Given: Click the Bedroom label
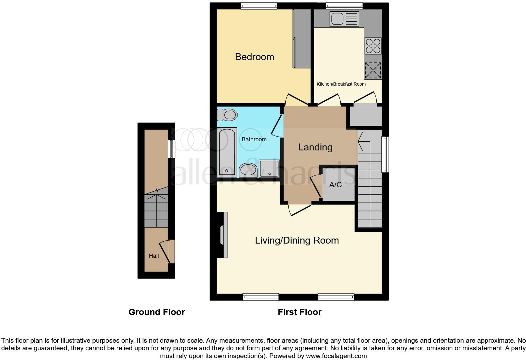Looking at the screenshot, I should click(x=254, y=57).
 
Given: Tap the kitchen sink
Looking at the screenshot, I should click(x=344, y=19).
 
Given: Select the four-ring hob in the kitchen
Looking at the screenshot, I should click(x=373, y=46).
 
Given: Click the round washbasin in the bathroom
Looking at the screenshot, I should click(x=248, y=170).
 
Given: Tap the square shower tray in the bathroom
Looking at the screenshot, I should click(x=269, y=168).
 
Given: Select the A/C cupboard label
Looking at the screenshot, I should click(x=335, y=185).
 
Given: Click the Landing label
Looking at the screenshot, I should click(x=315, y=147).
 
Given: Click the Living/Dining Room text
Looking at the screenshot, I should click(x=297, y=240).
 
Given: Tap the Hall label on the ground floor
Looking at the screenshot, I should click(x=154, y=256).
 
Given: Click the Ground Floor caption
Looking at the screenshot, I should click(x=157, y=312).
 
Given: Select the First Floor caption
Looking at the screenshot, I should click(x=299, y=312).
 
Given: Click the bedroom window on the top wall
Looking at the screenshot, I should click(x=259, y=6).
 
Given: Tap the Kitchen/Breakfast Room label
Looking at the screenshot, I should click(x=341, y=84).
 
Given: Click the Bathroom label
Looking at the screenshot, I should click(x=254, y=139).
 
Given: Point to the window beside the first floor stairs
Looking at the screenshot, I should click(x=385, y=154).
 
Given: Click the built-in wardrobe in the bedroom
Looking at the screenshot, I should click(x=302, y=38).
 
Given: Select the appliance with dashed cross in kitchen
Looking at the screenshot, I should click(x=373, y=70).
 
